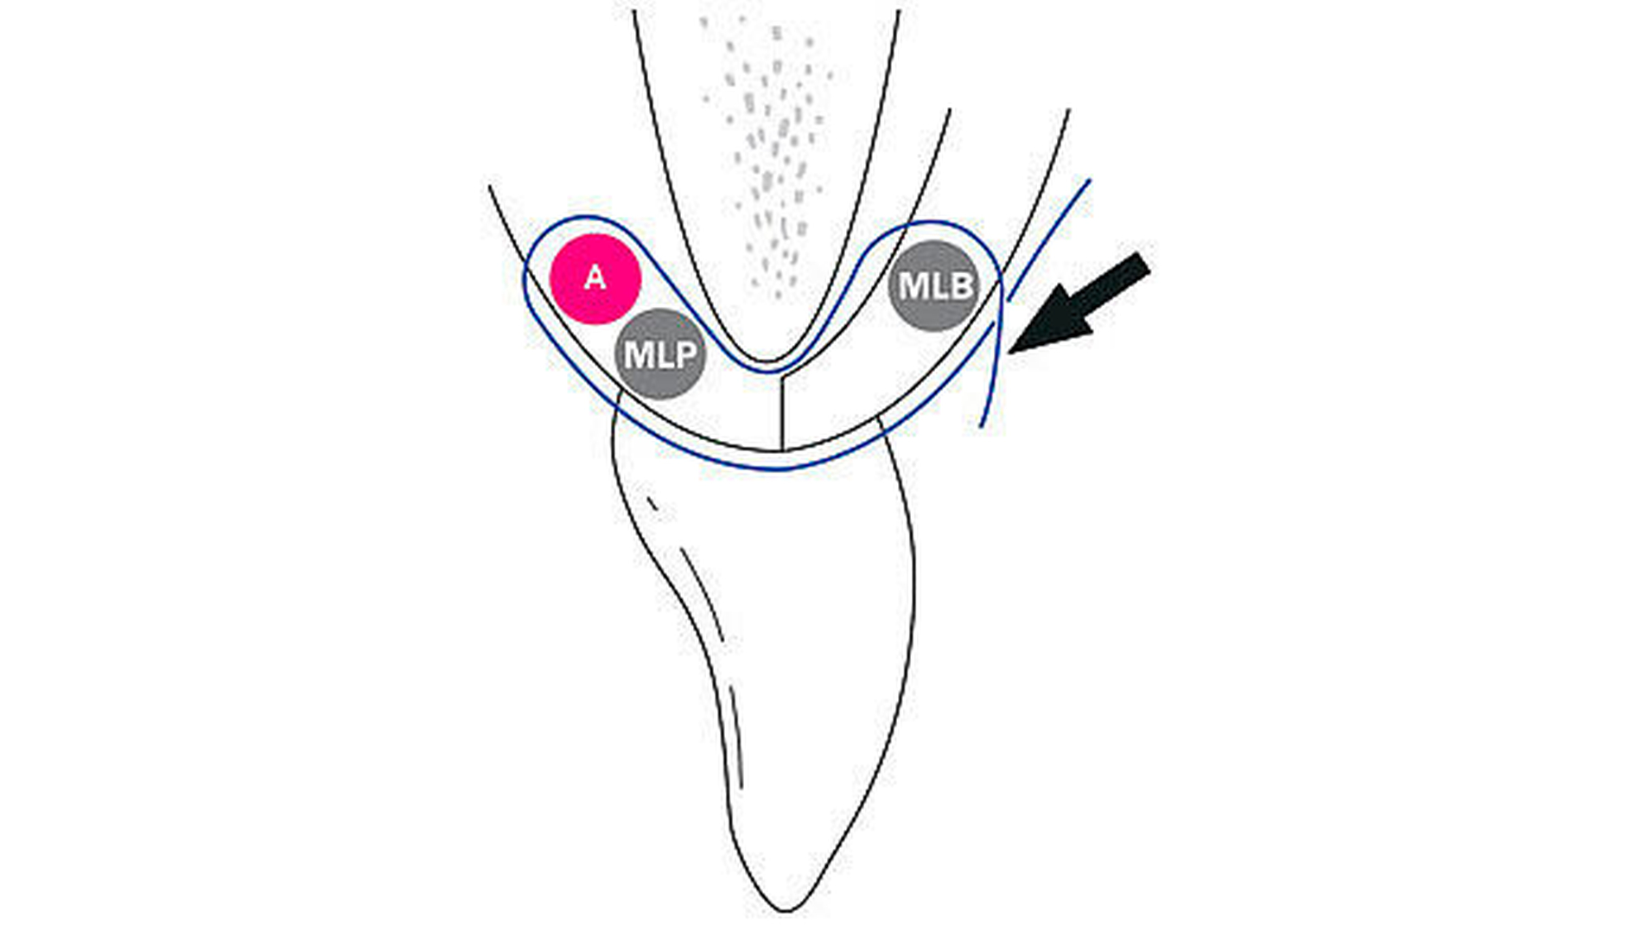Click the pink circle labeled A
pos(595,278)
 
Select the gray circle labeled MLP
pos(660,354)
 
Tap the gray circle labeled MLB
pos(934,286)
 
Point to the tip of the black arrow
pos(1009,353)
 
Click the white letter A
pos(595,278)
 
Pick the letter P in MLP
pos(685,354)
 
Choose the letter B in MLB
pos(959,286)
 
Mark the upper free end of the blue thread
pos(1089,181)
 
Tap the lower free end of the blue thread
pos(982,426)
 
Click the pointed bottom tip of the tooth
pos(786,910)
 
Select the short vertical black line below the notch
pos(782,412)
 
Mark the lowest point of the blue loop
pos(778,469)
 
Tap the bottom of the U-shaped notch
pos(767,360)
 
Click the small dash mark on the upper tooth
pos(652,503)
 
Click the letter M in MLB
pos(911,286)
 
